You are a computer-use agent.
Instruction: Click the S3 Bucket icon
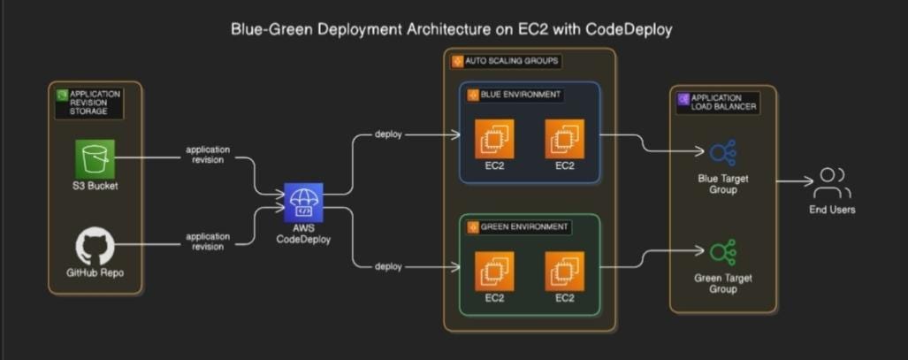(94, 158)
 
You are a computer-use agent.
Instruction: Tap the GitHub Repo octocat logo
(95, 245)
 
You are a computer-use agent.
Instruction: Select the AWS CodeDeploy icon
(303, 203)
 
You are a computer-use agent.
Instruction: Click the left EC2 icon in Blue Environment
(494, 139)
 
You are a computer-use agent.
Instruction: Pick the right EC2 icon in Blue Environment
(565, 139)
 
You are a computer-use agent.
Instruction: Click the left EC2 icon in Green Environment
(494, 272)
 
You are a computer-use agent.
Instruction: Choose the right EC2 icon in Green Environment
(565, 272)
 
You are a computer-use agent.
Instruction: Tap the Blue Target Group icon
(722, 153)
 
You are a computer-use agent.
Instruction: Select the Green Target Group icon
(722, 253)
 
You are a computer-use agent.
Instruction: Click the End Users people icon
(832, 183)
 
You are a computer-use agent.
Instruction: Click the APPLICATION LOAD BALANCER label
(719, 103)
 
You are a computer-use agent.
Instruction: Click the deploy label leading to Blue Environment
(388, 134)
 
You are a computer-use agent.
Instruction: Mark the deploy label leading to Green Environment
(388, 265)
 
